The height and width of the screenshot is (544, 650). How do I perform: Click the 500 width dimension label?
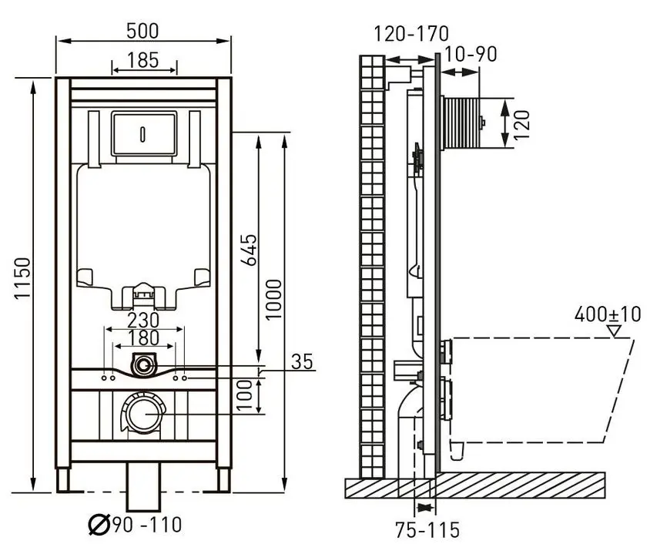142,31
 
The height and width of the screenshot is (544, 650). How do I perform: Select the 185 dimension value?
142,60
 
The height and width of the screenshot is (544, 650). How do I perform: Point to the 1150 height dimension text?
22,278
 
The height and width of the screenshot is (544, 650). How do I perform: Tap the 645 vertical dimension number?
249,250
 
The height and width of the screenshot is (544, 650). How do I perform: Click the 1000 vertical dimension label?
273,300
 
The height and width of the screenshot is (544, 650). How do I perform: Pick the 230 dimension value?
143,320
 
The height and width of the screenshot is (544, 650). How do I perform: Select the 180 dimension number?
144,338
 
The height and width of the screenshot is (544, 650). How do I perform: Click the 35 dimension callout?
302,361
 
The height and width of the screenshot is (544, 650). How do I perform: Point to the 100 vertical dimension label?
245,395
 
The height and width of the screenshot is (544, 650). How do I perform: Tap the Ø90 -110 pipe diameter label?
135,525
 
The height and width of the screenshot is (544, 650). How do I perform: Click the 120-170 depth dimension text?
411,34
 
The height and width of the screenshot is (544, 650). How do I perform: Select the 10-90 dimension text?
470,54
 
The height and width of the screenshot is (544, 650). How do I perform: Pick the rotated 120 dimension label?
522,126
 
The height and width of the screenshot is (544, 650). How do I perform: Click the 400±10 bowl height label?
608,314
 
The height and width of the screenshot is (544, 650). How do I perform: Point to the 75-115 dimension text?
427,529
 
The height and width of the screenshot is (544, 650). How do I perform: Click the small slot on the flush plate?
143,133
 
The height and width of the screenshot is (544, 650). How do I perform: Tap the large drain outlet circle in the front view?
143,413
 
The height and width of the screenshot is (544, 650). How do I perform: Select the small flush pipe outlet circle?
144,366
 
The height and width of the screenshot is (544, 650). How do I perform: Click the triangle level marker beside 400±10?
614,331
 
